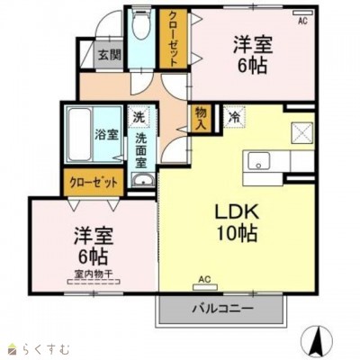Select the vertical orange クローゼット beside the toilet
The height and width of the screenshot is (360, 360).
point(171,38)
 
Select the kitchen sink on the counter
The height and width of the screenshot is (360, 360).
point(260,162)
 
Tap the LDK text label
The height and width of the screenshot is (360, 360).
point(236,212)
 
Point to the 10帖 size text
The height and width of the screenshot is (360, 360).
point(236,234)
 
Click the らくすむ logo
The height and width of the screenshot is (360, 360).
point(33,346)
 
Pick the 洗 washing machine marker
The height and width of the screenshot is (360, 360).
point(139,117)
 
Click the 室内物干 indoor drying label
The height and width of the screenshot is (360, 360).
point(93,273)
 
